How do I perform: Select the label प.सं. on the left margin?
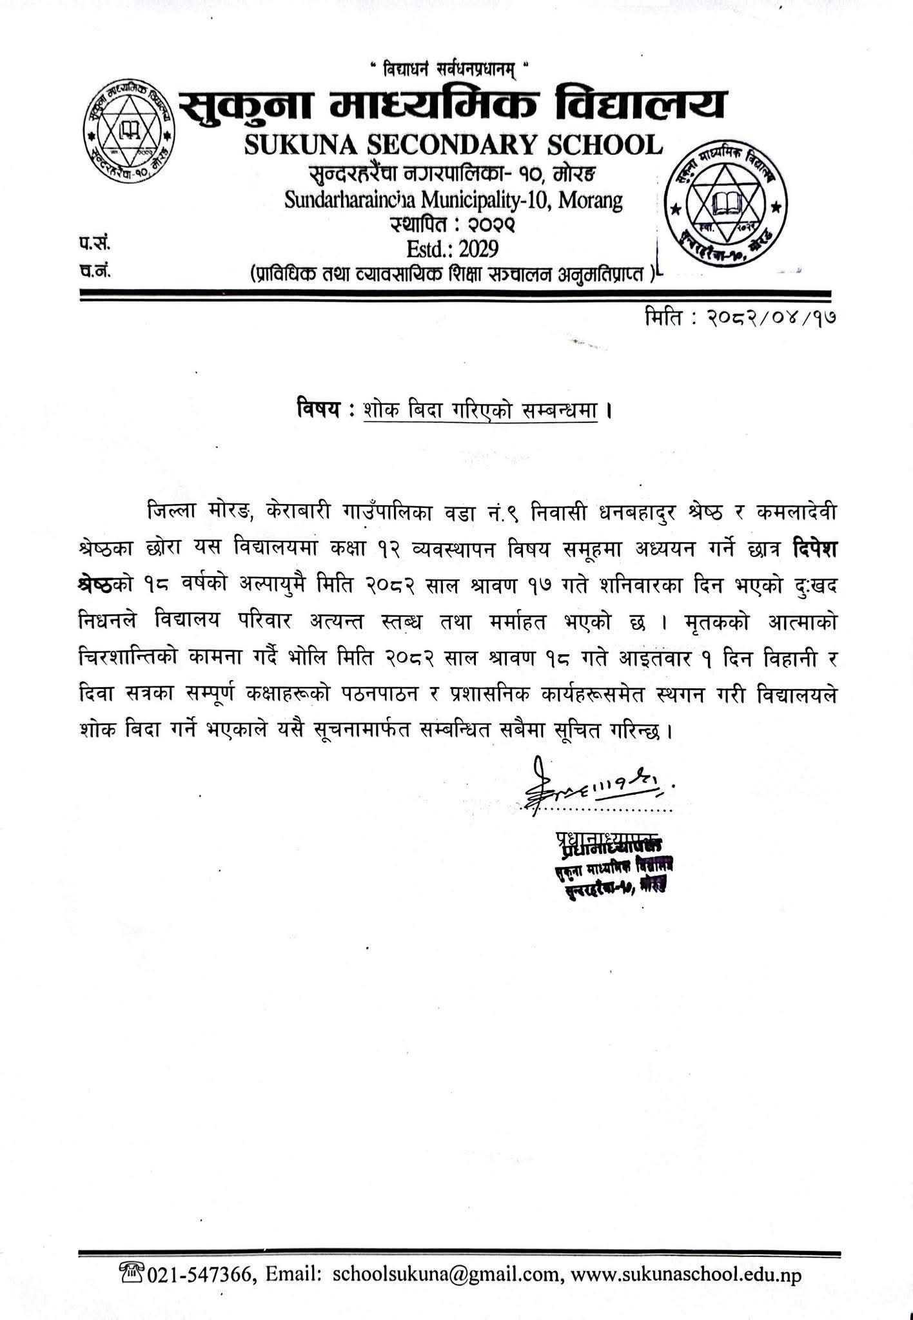tap(92, 244)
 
